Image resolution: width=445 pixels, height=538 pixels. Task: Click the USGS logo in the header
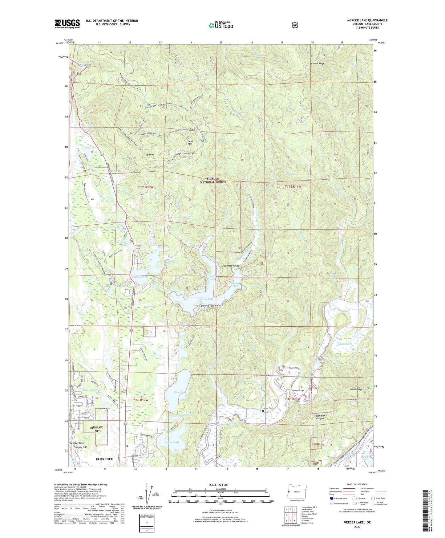click(67, 24)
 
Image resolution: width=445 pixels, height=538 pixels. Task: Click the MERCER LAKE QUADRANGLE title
click(367, 20)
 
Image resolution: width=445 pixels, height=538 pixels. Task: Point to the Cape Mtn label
click(190, 142)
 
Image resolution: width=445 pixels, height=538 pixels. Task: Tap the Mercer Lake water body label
click(206, 299)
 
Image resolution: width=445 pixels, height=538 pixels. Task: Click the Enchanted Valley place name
click(230, 266)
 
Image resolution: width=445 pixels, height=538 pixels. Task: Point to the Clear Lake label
click(180, 392)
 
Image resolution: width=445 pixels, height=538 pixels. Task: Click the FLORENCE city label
click(104, 459)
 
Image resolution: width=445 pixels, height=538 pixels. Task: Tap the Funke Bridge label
click(298, 390)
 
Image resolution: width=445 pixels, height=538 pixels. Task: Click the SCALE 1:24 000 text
click(218, 485)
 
